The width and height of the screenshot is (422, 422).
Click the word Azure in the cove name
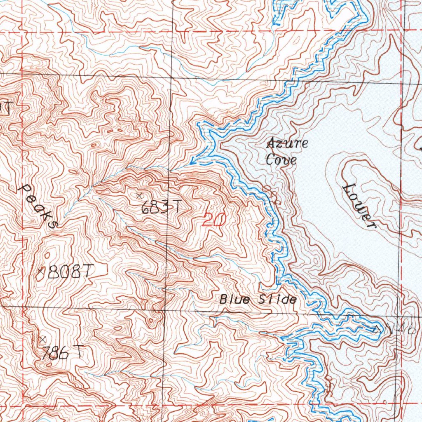(x=287, y=144)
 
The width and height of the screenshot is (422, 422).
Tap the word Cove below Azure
(x=281, y=159)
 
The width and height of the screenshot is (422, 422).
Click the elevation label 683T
(x=160, y=207)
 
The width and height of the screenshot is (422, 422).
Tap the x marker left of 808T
(x=40, y=271)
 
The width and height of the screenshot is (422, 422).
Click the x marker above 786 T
(x=42, y=339)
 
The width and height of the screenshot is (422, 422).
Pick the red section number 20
(x=213, y=220)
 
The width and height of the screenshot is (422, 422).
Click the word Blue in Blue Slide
(x=234, y=299)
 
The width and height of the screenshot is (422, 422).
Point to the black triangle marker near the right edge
(x=376, y=329)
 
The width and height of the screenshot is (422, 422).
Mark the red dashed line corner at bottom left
(x=22, y=406)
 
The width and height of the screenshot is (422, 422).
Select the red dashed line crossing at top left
(x=22, y=32)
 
